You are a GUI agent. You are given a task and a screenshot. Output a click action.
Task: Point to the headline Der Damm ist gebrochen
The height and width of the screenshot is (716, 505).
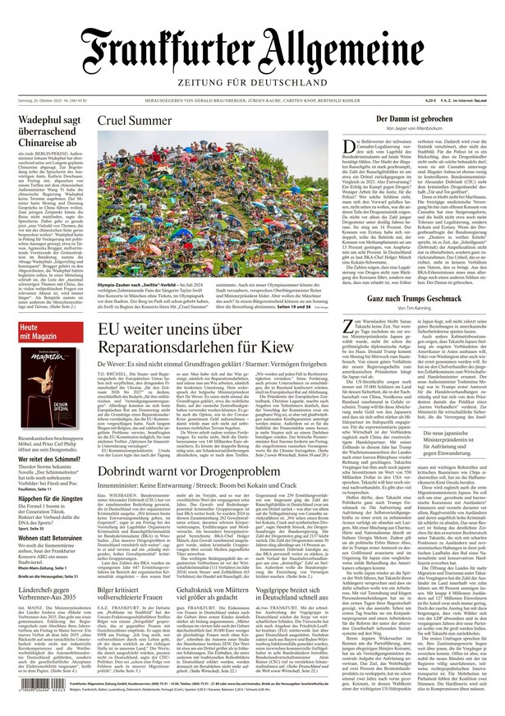click(x=415, y=120)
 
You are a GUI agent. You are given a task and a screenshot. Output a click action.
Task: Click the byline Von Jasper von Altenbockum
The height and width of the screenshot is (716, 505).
click(x=415, y=130)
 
